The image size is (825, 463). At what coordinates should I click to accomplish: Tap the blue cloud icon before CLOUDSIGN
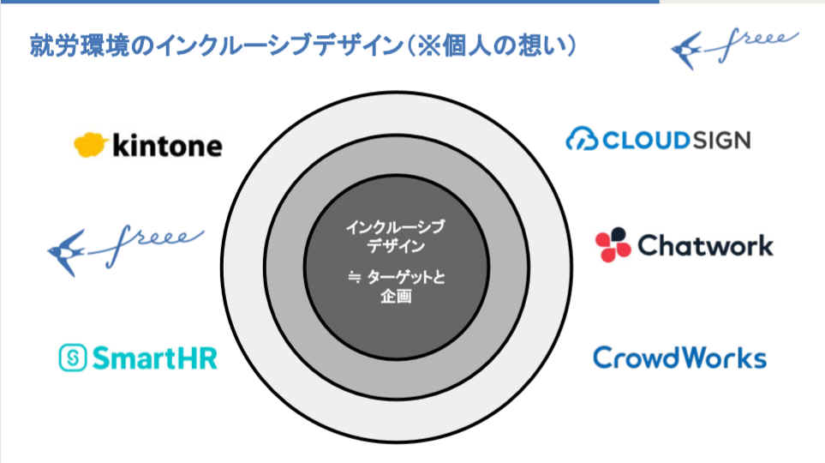click(582, 140)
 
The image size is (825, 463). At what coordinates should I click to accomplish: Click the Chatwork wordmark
click(705, 246)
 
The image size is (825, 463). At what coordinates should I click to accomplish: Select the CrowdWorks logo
click(679, 358)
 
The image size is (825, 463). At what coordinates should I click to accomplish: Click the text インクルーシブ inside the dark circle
click(396, 228)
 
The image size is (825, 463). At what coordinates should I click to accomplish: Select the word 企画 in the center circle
click(396, 297)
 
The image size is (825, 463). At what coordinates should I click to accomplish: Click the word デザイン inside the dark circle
click(396, 245)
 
